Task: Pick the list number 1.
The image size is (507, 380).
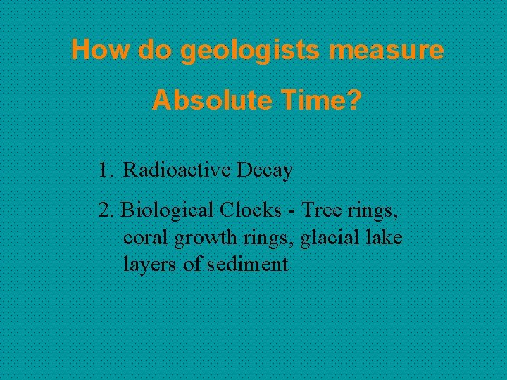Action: pos(105,170)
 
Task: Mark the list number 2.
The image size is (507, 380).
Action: pos(106,210)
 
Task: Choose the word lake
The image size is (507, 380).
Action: pos(384,238)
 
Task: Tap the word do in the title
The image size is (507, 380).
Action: pos(154,50)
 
